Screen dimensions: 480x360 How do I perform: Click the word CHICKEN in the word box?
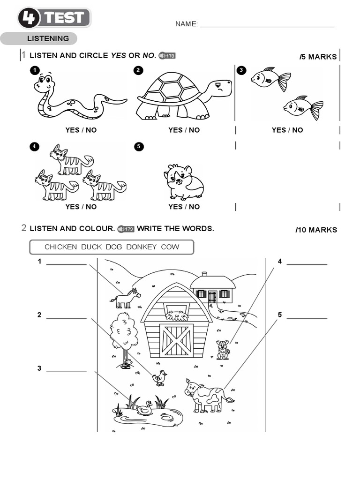pyautogui.click(x=60, y=247)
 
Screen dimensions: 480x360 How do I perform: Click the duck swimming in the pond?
pyautogui.click(x=144, y=408)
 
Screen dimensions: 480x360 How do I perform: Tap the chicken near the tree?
pyautogui.click(x=160, y=377)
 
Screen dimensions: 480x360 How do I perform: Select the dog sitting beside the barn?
pyautogui.click(x=223, y=350)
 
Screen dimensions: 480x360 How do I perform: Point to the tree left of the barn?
pyautogui.click(x=124, y=333)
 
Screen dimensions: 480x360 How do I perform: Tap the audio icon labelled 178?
pyautogui.click(x=167, y=56)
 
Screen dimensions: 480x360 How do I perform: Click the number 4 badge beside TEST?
pyautogui.click(x=29, y=18)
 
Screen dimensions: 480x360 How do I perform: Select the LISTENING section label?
pyautogui.click(x=48, y=38)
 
